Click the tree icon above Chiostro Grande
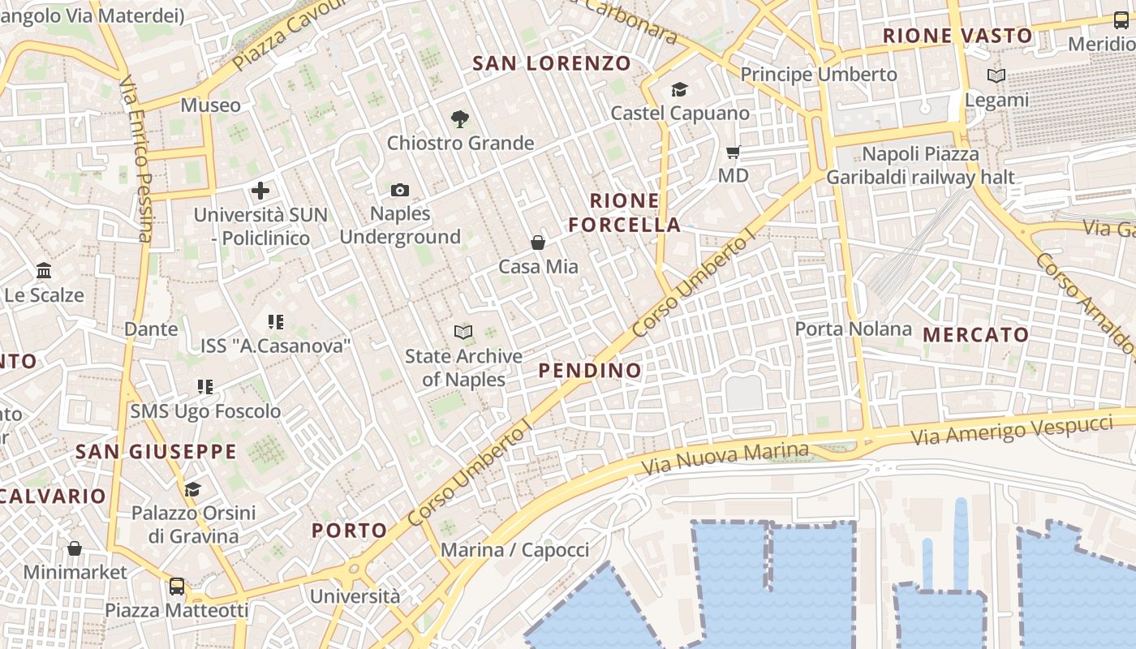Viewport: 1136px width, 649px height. [460, 119]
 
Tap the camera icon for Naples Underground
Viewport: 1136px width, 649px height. [400, 190]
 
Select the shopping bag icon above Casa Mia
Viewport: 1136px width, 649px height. [537, 242]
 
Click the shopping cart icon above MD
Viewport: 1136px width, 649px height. [734, 152]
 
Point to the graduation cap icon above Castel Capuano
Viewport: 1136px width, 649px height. [679, 89]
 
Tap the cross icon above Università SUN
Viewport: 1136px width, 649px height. [260, 191]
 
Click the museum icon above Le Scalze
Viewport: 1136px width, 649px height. [44, 270]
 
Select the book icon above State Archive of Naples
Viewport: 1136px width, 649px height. [463, 332]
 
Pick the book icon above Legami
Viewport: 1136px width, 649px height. [996, 75]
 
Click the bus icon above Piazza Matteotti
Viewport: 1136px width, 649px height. [176, 586]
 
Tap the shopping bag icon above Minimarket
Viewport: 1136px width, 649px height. [75, 548]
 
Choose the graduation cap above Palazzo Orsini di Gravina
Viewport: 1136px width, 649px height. [192, 489]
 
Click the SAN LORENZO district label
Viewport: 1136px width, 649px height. [552, 62]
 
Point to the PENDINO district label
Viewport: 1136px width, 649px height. [590, 371]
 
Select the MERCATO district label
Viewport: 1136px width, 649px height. [975, 334]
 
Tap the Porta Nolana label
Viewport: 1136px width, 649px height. [854, 329]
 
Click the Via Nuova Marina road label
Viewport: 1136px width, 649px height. [725, 458]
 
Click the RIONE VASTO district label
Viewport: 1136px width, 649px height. [957, 36]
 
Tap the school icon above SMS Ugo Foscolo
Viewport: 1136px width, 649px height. [205, 387]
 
